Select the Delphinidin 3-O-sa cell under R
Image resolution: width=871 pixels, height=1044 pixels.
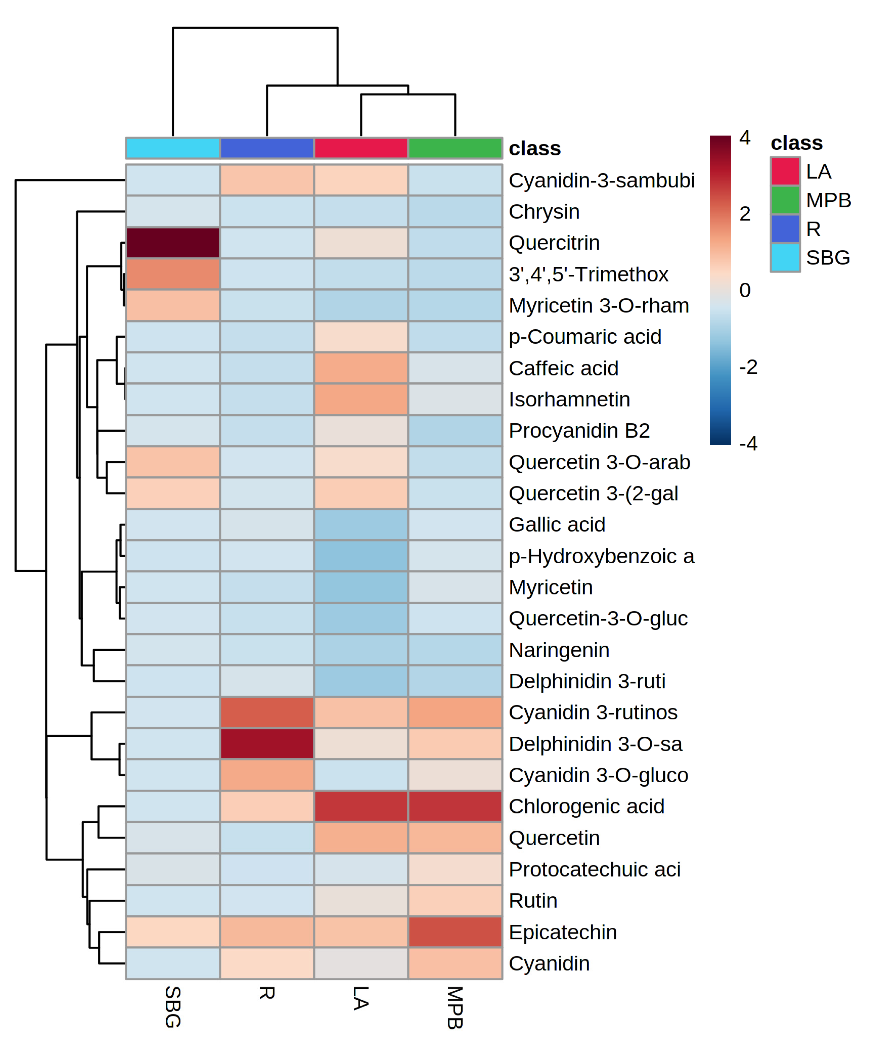point(267,744)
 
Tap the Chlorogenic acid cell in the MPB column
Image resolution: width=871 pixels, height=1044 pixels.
point(455,806)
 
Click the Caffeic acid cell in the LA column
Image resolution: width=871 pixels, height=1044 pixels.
point(361,368)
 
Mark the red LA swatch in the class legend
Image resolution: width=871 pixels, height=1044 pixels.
point(785,171)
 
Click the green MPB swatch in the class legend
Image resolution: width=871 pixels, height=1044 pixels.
point(785,200)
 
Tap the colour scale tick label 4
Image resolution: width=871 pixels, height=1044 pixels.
point(744,138)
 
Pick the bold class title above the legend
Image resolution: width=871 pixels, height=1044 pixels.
point(796,143)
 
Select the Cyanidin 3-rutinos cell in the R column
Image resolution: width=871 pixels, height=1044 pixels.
point(267,712)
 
